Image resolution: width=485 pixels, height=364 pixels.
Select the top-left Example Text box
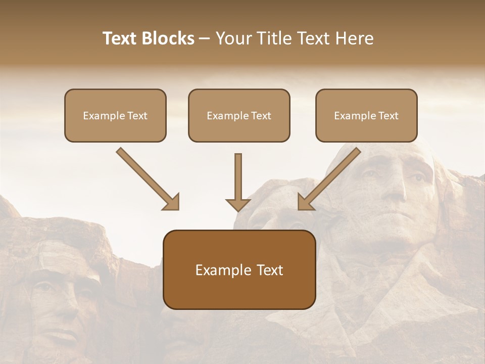pos(115,115)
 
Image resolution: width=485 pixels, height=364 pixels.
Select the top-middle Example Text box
pos(239,115)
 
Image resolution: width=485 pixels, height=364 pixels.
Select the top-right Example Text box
pos(366,115)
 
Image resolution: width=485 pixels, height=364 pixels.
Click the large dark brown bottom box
pos(239,269)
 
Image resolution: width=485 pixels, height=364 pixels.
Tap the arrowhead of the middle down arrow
pos(238,204)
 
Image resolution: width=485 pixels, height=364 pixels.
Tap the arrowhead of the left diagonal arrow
pos(172,202)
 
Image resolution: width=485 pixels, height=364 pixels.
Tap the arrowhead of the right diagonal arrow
pos(305,202)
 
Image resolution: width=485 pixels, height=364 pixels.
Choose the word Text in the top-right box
pos(388,116)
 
